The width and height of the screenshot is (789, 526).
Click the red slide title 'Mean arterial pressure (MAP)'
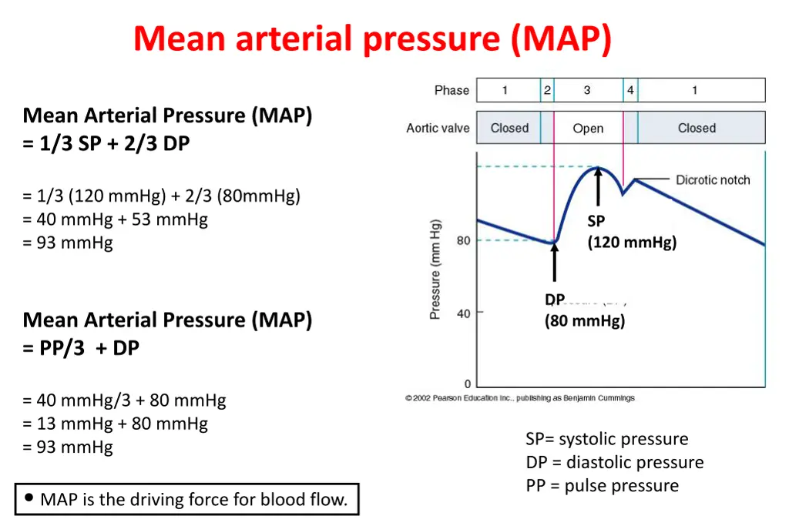372,39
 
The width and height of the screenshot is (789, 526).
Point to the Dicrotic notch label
713,180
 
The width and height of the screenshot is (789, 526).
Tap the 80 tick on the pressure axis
463,241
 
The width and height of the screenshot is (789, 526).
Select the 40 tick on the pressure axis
463,313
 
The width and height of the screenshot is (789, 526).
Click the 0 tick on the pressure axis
467,384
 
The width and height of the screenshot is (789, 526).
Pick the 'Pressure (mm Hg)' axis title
436,270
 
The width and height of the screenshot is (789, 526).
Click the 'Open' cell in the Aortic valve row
588,129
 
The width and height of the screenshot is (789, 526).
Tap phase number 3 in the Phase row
587,90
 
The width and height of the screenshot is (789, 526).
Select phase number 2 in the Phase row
547,90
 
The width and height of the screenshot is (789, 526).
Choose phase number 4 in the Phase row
630,90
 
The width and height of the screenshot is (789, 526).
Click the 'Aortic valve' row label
438,129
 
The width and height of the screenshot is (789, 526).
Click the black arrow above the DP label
555,265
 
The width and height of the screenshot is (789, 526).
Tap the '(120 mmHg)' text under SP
632,243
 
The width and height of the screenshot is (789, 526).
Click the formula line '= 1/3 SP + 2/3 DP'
106,143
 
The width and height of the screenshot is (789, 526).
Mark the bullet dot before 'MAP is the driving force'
29,498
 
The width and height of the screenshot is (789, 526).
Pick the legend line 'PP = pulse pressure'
603,486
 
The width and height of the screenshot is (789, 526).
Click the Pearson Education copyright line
520,398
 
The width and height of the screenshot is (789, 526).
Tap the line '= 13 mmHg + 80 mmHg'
116,424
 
